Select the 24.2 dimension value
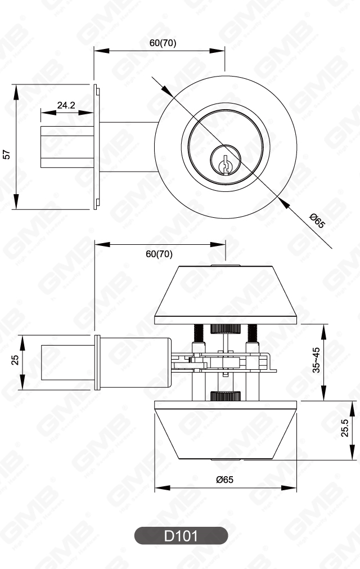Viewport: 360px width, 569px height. click(x=66, y=105)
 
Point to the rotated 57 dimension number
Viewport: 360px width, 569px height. click(x=7, y=154)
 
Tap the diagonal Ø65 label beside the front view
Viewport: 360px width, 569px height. click(x=317, y=222)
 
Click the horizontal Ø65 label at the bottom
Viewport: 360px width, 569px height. click(x=224, y=480)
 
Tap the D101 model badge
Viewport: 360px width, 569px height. click(x=181, y=535)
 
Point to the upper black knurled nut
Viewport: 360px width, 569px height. click(x=224, y=329)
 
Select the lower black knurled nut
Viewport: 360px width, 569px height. click(x=224, y=395)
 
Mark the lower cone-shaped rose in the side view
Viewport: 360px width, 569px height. click(x=225, y=431)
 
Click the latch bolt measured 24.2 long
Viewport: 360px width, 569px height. click(x=66, y=147)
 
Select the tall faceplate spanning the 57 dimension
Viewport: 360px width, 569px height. click(x=97, y=146)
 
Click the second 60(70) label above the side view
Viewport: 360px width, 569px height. click(x=159, y=254)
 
